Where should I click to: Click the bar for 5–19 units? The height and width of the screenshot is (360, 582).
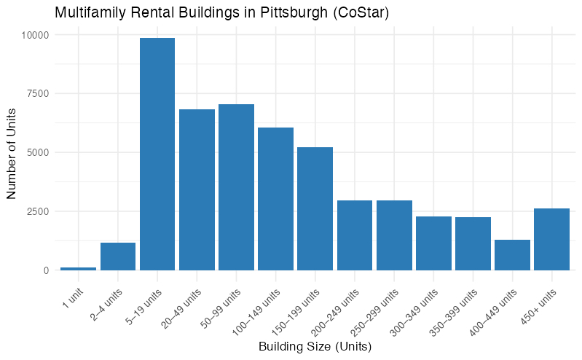click(157, 154)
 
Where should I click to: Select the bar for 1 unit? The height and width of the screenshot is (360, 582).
click(78, 268)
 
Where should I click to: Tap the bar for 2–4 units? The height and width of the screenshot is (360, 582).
click(118, 257)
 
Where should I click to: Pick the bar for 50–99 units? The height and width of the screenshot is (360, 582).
click(236, 187)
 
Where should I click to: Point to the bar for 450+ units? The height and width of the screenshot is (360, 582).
click(551, 239)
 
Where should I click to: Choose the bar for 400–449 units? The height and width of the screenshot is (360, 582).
click(512, 255)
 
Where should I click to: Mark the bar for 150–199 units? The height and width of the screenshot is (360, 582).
click(315, 208)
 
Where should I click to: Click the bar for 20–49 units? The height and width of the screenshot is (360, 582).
click(197, 189)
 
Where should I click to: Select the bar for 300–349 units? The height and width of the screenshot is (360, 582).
click(433, 243)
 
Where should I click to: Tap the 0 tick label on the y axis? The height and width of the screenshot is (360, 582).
click(46, 270)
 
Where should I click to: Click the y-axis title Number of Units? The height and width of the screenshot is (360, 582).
click(12, 152)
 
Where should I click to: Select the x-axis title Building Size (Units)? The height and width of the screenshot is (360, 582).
click(315, 347)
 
